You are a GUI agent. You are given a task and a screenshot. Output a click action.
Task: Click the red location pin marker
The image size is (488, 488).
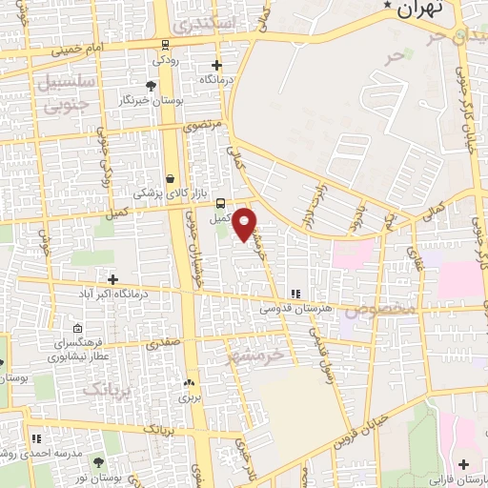[245, 224]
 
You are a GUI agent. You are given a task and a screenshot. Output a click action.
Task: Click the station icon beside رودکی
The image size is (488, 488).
[166, 44]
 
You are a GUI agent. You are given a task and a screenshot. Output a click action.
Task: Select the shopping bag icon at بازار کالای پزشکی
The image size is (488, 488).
[170, 178]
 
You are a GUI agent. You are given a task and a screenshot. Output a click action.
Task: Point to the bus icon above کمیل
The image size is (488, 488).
[221, 203]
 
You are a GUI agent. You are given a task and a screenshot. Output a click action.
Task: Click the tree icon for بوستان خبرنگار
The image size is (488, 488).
[152, 86]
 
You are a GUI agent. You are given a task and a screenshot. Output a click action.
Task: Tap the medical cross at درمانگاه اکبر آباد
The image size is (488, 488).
[113, 280]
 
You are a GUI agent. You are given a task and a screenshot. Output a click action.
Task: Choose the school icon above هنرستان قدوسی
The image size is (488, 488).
[296, 294]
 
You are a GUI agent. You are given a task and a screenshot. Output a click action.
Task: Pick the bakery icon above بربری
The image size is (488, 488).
[187, 383]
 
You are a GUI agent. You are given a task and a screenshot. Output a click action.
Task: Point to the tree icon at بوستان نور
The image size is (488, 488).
[99, 462]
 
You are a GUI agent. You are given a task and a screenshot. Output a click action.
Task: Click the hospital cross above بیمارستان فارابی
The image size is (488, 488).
[463, 465]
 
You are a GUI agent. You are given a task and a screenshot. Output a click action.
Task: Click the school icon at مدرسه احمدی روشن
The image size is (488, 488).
[37, 438]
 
